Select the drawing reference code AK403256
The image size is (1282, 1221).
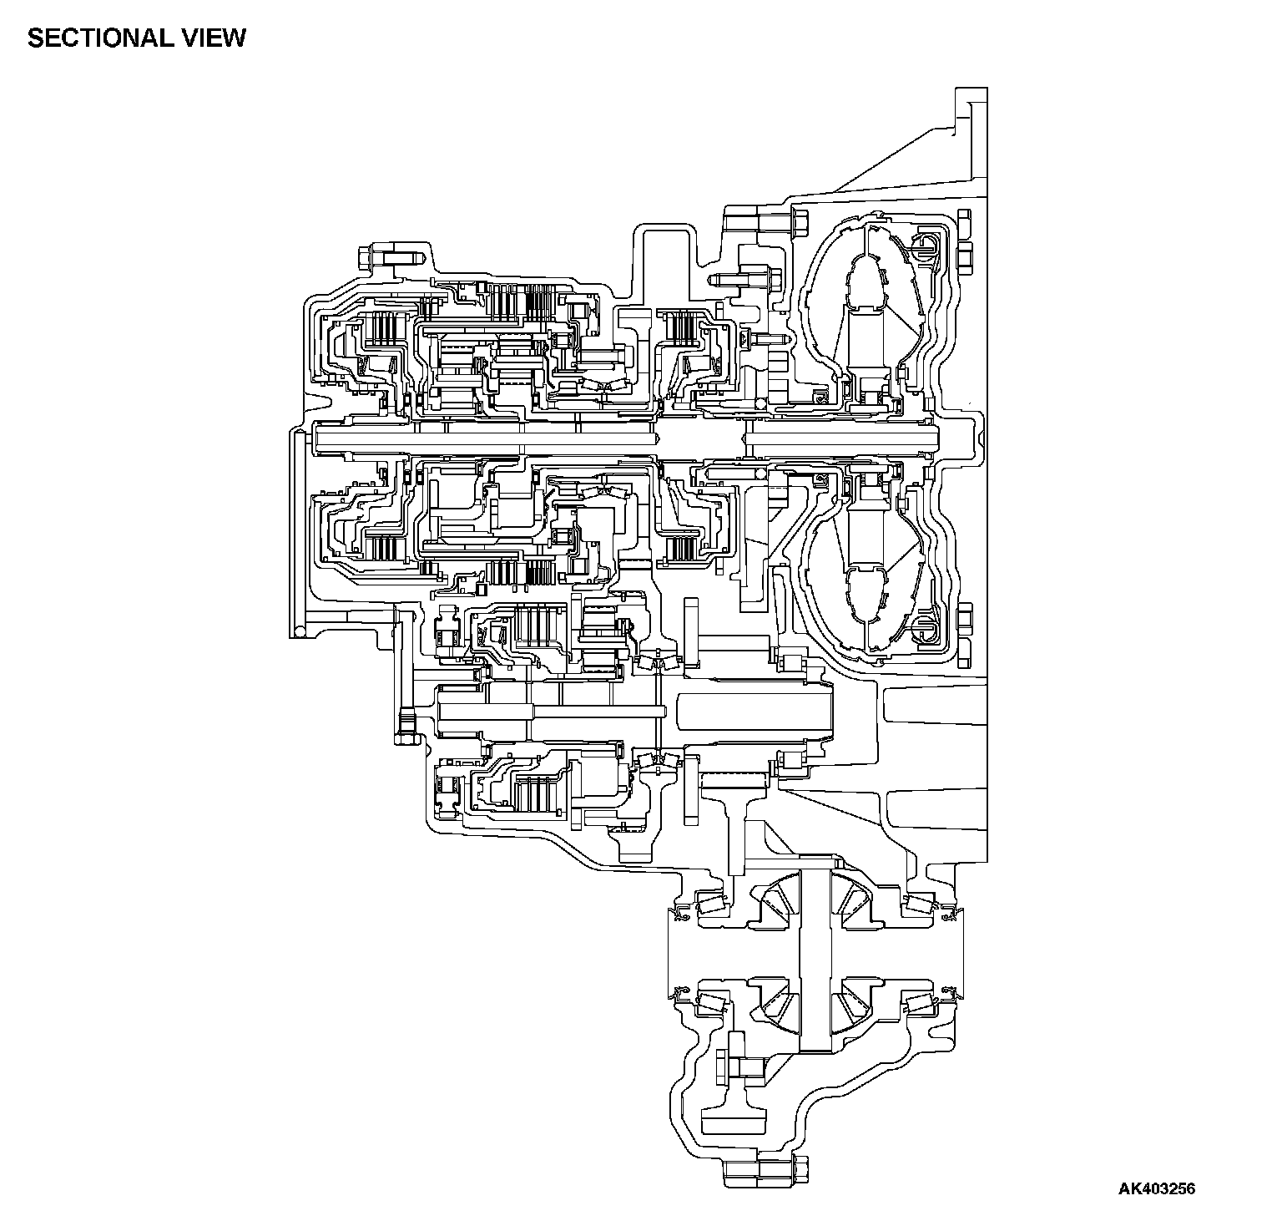(1157, 1188)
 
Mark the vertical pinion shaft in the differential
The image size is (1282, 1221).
(815, 960)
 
